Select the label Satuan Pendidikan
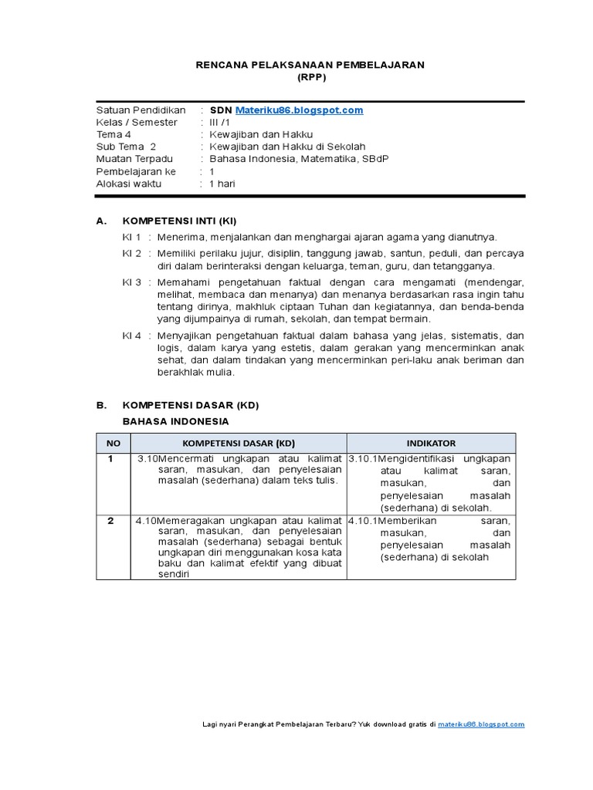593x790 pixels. click(141, 110)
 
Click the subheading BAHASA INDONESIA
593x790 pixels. click(175, 421)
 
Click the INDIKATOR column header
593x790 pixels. click(431, 443)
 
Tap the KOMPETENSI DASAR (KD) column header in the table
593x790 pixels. click(239, 443)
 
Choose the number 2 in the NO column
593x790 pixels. click(110, 521)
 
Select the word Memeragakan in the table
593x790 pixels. click(191, 521)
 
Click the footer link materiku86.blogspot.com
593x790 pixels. click(481, 724)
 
